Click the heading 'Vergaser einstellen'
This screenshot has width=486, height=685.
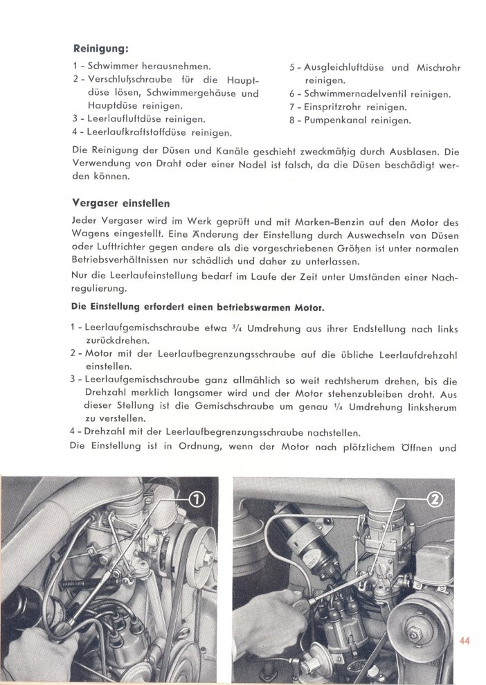pos(122,204)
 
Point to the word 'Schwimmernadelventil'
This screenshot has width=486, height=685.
pos(354,94)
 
